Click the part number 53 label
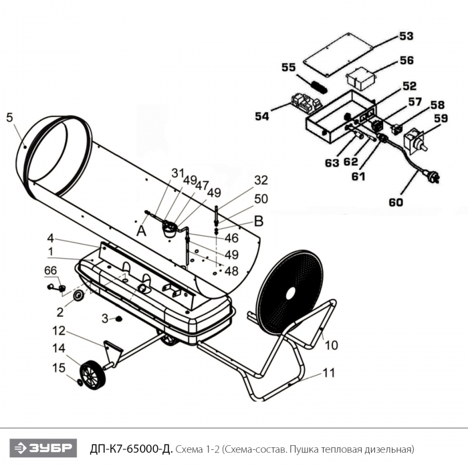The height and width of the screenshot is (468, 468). pyautogui.click(x=406, y=35)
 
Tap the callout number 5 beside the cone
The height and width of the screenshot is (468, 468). pyautogui.click(x=9, y=118)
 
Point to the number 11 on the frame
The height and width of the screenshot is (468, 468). pyautogui.click(x=328, y=373)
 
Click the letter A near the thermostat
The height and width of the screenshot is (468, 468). pyautogui.click(x=141, y=231)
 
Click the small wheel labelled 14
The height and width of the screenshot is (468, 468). pyautogui.click(x=92, y=375)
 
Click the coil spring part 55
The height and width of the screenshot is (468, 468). pyautogui.click(x=319, y=85)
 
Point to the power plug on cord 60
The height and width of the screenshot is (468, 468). pyautogui.click(x=434, y=178)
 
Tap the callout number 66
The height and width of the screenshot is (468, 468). pyautogui.click(x=51, y=270)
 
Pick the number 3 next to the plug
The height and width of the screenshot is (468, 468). pyautogui.click(x=104, y=318)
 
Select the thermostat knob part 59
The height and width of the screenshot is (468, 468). pyautogui.click(x=419, y=140)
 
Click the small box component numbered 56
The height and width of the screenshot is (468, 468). pyautogui.click(x=360, y=80)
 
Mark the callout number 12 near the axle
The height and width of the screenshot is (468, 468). pyautogui.click(x=60, y=330)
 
